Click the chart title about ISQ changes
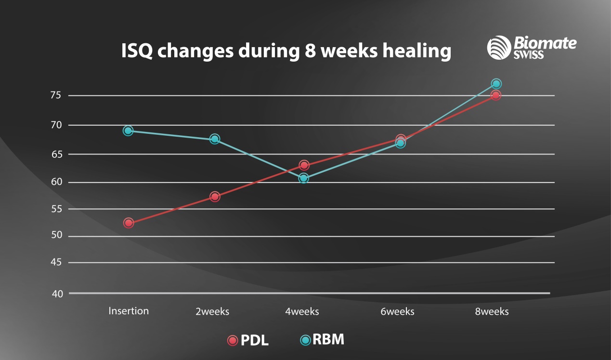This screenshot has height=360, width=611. coord(286,51)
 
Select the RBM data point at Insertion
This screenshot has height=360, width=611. coord(128,130)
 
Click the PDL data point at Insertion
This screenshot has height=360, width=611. coord(128,223)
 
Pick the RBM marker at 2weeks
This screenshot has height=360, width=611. coord(215,139)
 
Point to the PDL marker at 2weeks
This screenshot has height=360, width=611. coord(215,196)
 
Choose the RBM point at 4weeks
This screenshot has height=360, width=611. coord(303,179)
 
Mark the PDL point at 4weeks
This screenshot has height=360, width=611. coord(304,165)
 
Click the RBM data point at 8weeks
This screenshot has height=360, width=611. coord(496,84)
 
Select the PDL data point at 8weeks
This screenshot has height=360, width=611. coord(496,95)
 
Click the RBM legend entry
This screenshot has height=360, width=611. coord(322,340)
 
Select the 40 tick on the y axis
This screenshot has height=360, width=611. coord(57,294)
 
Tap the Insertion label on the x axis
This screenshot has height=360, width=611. coord(129,311)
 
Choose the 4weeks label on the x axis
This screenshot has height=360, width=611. coord(302,311)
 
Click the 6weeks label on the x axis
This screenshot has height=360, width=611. coord(397,311)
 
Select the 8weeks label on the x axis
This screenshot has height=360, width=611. coord(492,311)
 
